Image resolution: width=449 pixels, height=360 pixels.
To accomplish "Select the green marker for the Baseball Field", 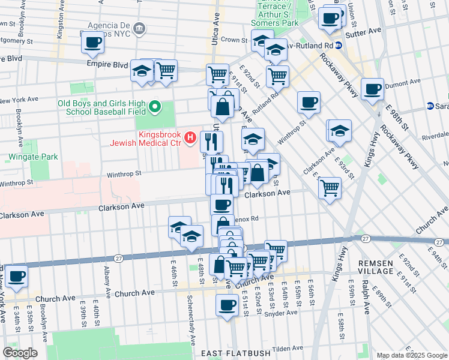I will pos(155,107).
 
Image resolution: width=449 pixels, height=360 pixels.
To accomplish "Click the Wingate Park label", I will pos(33,157).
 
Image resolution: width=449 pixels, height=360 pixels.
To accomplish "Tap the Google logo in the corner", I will pos(20,353).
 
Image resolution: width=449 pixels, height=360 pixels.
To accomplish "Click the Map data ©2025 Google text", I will pos(412,355).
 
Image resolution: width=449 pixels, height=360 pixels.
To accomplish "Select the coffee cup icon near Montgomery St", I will pos(92,43).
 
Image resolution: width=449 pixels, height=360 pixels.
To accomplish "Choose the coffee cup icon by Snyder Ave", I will pos(227,304).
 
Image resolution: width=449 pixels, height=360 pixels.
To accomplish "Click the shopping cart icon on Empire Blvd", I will pos(166,70).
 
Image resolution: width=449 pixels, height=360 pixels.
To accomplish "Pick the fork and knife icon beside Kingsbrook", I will pos(211,141).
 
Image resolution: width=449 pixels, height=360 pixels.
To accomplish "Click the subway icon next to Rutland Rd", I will pos(339,46).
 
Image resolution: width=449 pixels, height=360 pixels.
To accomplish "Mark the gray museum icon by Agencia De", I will pos(139,28).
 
